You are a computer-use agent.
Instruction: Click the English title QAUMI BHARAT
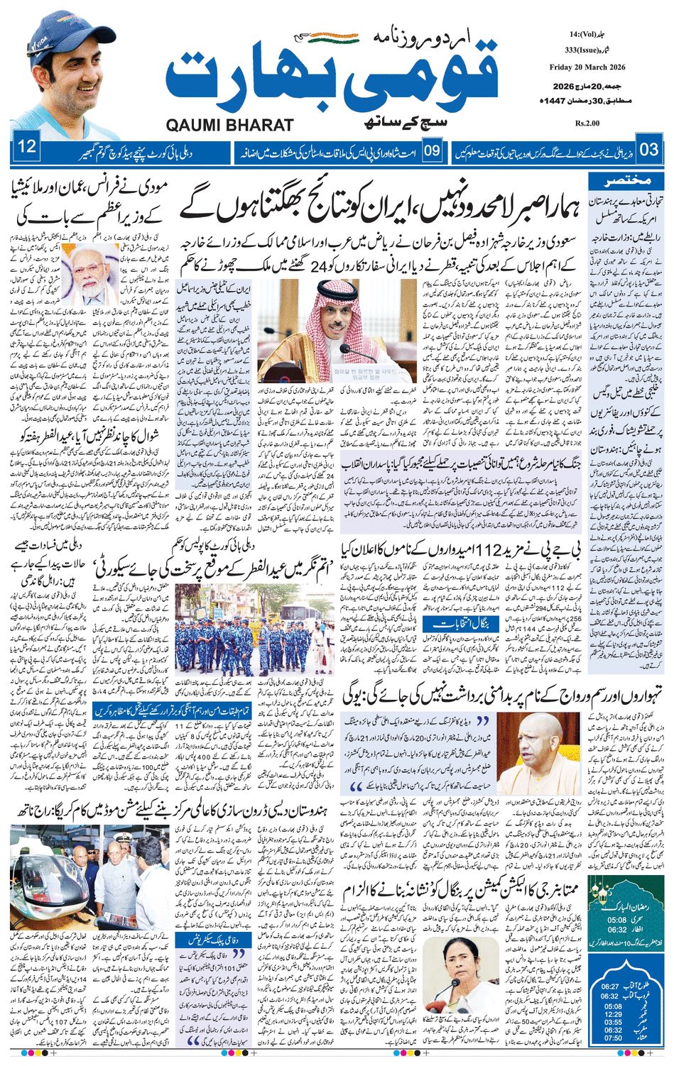coord(229,125)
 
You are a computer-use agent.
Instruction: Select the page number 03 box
coord(648,149)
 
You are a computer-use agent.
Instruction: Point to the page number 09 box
coord(433,150)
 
